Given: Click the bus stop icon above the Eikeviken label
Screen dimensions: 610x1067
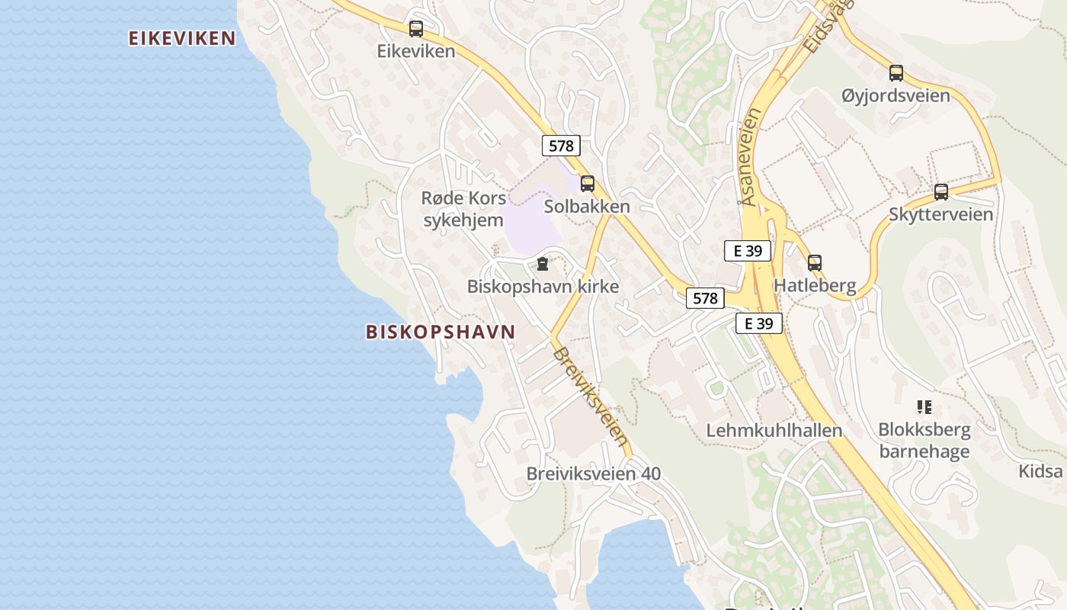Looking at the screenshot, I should [x=415, y=29].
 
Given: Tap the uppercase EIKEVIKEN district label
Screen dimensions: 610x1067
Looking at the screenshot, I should [x=182, y=38].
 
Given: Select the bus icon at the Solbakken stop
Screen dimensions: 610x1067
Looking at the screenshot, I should [x=587, y=184].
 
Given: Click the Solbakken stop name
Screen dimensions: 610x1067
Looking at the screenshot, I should [x=587, y=207].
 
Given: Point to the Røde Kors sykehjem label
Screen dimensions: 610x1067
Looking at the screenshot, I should [x=463, y=210].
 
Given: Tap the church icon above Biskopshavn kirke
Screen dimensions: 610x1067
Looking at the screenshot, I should [x=542, y=265].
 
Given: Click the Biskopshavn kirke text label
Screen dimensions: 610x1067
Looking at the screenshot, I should [x=543, y=287].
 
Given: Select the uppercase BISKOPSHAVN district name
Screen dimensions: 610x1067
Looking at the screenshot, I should [x=441, y=332].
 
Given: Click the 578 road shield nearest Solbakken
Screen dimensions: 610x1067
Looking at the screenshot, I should [x=561, y=145].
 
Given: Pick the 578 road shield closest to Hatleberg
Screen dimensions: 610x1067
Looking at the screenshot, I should [x=705, y=298].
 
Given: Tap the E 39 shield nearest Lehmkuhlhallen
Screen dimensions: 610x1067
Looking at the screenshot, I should [x=759, y=323].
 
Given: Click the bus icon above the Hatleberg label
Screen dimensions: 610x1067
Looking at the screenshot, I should [x=815, y=263].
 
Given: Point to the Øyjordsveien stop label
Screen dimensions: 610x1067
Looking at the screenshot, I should [x=896, y=96].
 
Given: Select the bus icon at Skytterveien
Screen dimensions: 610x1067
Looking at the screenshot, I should [x=941, y=192].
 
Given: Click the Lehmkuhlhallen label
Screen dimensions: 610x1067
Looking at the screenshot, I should [x=774, y=430].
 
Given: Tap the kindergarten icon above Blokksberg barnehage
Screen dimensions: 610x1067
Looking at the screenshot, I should [x=924, y=407].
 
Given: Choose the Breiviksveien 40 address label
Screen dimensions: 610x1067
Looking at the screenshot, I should [x=594, y=474].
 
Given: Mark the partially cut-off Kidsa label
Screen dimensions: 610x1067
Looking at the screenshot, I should [x=1041, y=470].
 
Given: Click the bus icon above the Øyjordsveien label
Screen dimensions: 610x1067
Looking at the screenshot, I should [x=896, y=74].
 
